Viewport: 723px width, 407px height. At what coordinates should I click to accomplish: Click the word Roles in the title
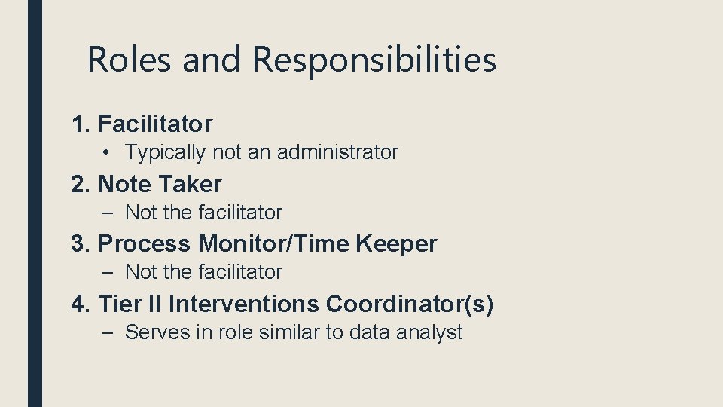click(x=130, y=60)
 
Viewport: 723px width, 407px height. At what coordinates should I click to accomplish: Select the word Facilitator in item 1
click(x=155, y=124)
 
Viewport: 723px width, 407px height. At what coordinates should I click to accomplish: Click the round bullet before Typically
click(x=109, y=152)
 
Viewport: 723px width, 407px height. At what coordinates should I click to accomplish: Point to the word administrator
click(x=337, y=152)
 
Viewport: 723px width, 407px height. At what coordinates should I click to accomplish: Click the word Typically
click(x=165, y=153)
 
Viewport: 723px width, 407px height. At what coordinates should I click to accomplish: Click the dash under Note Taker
click(x=110, y=213)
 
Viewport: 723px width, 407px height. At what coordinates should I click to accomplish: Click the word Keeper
click(x=396, y=244)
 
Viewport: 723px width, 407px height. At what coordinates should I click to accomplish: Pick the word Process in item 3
click(x=145, y=244)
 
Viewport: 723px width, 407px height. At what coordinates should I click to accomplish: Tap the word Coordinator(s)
click(x=410, y=304)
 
